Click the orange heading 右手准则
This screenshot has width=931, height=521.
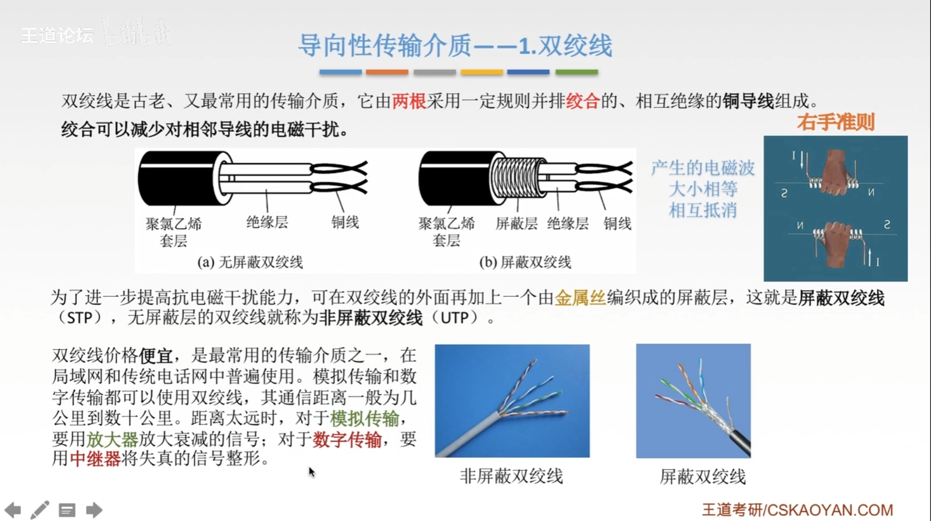pos(836,122)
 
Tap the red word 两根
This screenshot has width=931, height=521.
pos(409,101)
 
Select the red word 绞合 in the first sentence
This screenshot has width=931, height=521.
pos(583,101)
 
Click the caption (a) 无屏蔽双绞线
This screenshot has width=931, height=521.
pos(250,262)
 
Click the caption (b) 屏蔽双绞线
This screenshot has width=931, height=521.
pos(525,262)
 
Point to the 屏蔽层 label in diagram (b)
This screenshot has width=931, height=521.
pos(516,224)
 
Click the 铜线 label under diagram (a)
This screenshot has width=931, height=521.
pos(345,222)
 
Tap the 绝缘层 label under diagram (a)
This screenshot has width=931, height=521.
pos(267,222)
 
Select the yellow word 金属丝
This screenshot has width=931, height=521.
pos(580,298)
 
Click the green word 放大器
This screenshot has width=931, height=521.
pos(112,439)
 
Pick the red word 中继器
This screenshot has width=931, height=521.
pos(95,459)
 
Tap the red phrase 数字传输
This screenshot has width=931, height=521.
pos(347,439)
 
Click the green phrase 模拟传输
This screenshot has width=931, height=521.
pos(364,419)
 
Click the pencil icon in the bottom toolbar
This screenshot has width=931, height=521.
pos(40,510)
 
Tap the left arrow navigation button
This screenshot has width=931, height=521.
pos(12,510)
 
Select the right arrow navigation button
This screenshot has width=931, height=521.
pos(94,510)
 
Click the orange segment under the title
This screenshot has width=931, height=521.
pos(387,72)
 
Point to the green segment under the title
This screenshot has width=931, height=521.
pos(577,72)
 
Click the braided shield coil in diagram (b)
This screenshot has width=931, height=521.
pos(518,178)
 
